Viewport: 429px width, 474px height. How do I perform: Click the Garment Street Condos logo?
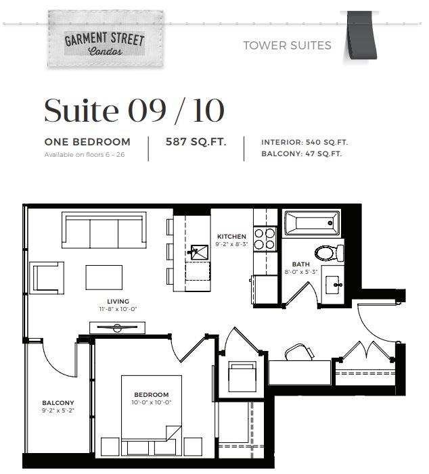pyautogui.click(x=106, y=39)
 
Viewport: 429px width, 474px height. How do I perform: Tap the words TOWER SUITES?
pyautogui.click(x=287, y=46)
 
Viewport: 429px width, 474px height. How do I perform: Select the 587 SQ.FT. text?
pyautogui.click(x=196, y=141)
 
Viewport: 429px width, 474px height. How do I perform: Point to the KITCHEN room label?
pyautogui.click(x=231, y=237)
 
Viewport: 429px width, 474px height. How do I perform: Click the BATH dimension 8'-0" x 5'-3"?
pyautogui.click(x=300, y=272)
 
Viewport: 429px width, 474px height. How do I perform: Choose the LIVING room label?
pyautogui.click(x=118, y=302)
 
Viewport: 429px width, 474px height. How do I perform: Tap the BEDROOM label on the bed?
pyautogui.click(x=152, y=395)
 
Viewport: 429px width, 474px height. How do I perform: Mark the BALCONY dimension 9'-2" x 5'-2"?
pyautogui.click(x=58, y=410)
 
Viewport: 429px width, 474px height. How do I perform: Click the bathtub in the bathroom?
pyautogui.click(x=312, y=223)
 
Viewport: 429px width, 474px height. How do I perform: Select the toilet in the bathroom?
pyautogui.click(x=329, y=253)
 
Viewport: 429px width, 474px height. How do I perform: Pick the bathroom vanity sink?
pyautogui.click(x=334, y=285)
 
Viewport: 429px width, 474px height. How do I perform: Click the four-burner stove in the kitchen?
pyautogui.click(x=265, y=239)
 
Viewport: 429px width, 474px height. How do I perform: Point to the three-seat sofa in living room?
pyautogui.click(x=104, y=230)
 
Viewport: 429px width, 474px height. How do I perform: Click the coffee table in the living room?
pyautogui.click(x=104, y=277)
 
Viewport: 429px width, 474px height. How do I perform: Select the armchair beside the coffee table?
pyautogui.click(x=47, y=278)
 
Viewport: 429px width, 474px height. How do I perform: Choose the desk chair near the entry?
pyautogui.click(x=299, y=352)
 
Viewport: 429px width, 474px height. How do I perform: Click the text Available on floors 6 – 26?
pyautogui.click(x=85, y=154)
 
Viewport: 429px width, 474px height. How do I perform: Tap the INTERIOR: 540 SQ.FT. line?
pyautogui.click(x=304, y=142)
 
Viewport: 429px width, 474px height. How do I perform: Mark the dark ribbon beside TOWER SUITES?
pyautogui.click(x=361, y=35)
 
